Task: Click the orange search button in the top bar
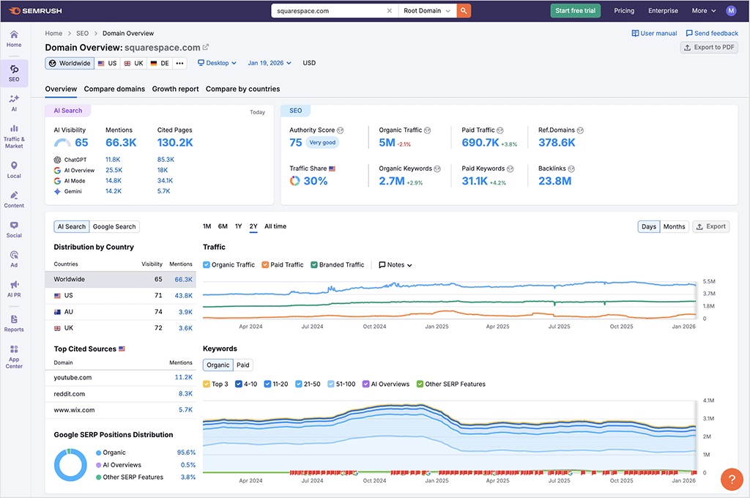(463, 11)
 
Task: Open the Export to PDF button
(709, 48)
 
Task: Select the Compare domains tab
(114, 89)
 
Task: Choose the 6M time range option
(223, 226)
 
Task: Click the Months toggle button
(674, 226)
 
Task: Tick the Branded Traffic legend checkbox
(314, 264)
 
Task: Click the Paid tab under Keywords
(242, 365)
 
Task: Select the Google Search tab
(114, 226)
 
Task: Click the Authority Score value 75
(296, 143)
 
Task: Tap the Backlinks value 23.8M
(554, 181)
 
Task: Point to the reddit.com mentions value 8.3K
(185, 394)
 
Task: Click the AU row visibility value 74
(158, 311)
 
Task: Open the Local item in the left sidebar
(14, 170)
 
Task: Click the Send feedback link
(712, 33)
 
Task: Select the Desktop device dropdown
(217, 63)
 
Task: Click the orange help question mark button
(732, 479)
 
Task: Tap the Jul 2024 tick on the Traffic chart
(313, 327)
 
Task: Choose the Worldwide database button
(70, 63)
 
